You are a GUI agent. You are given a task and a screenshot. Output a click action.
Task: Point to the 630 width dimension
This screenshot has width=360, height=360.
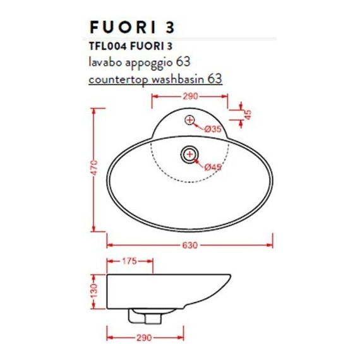pyautogui.click(x=190, y=245)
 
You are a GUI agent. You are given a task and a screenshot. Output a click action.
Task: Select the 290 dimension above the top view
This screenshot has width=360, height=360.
pyautogui.click(x=191, y=97)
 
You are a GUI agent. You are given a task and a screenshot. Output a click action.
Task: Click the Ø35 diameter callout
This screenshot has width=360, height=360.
pyautogui.click(x=213, y=129)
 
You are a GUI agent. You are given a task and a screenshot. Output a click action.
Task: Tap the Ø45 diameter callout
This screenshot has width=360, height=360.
pyautogui.click(x=213, y=167)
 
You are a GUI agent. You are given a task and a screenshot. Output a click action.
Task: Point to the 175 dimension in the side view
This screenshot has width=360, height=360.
pyautogui.click(x=130, y=260)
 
